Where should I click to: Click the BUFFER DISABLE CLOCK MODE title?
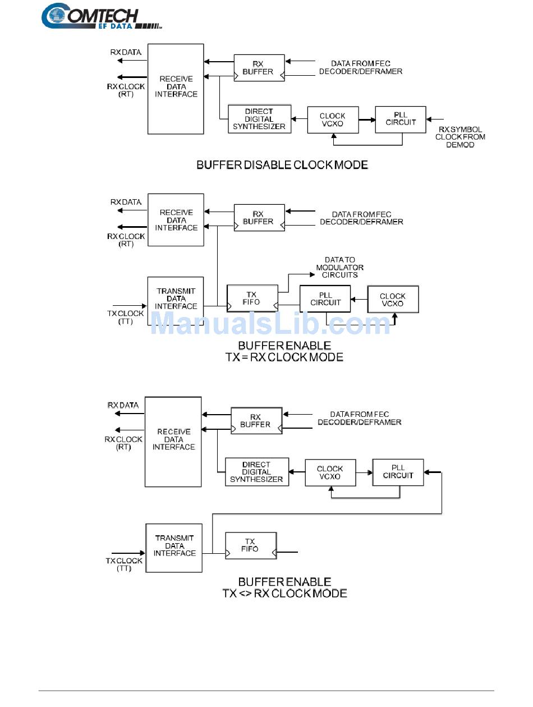(282, 165)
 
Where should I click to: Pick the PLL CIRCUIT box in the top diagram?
(401, 119)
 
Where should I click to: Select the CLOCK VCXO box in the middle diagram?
(393, 300)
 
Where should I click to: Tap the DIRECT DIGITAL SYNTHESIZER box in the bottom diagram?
(256, 472)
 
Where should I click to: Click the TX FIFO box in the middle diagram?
(252, 297)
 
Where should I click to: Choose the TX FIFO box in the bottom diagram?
(250, 545)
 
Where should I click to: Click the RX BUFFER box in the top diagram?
(259, 68)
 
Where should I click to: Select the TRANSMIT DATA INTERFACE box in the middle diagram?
(176, 299)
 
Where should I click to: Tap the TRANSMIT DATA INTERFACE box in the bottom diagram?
(174, 547)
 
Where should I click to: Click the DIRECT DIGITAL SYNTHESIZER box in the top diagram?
(259, 119)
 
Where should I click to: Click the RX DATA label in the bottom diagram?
(123, 405)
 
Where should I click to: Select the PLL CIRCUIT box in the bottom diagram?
(398, 472)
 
